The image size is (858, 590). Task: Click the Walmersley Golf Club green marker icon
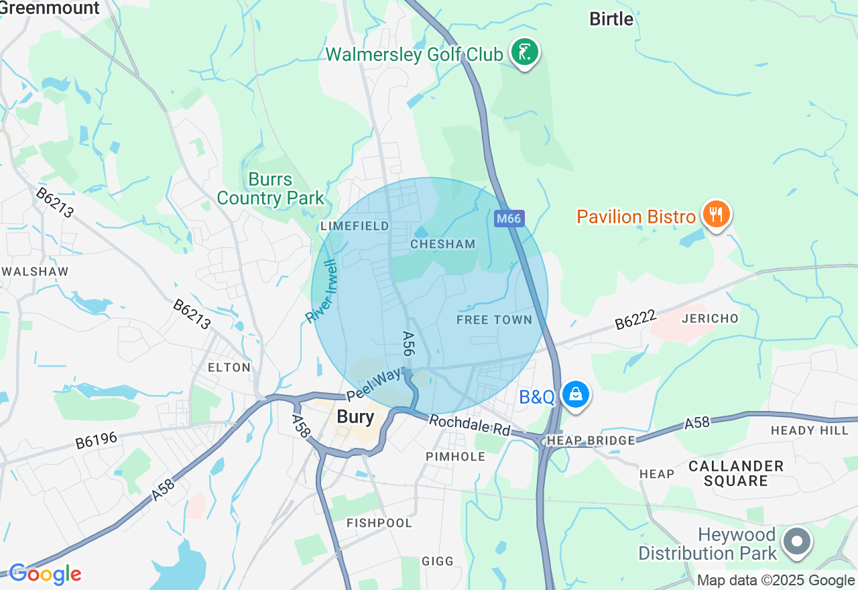(525, 52)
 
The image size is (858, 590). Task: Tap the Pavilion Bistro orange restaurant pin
(716, 215)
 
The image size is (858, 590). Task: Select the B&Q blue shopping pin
(575, 394)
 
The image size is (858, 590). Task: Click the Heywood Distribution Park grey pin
(797, 540)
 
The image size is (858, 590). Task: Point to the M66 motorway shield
(509, 219)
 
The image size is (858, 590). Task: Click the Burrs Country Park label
(271, 189)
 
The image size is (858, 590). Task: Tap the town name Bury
(355, 416)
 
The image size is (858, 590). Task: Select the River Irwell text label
(323, 292)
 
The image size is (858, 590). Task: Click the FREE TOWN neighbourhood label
(494, 320)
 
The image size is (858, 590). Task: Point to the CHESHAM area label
(442, 244)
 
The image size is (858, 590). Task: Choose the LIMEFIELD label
(355, 226)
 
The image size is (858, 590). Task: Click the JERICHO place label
(709, 318)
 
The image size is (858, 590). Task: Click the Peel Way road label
(373, 385)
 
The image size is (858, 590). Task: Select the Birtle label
(611, 19)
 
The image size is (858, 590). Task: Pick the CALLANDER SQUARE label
(736, 473)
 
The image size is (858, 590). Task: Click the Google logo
(45, 574)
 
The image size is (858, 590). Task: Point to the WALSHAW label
(36, 272)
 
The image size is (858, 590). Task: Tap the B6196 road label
(96, 440)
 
